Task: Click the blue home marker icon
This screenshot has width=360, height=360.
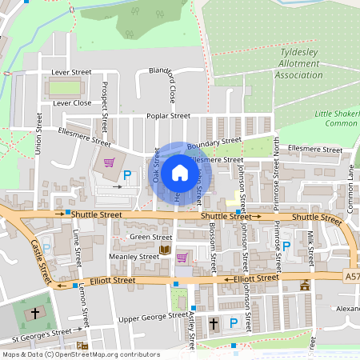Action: point(180,172)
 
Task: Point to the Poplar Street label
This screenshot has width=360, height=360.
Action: point(167,116)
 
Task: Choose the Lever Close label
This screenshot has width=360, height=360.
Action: point(71,103)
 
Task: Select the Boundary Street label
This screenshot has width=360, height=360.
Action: point(214,142)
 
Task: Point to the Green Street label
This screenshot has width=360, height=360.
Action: point(150,238)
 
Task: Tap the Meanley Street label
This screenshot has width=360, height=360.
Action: point(133,257)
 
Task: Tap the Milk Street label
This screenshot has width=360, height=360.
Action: point(310,247)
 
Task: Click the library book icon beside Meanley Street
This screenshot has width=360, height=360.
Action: point(166,250)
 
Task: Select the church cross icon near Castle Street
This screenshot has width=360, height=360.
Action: point(34,312)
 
